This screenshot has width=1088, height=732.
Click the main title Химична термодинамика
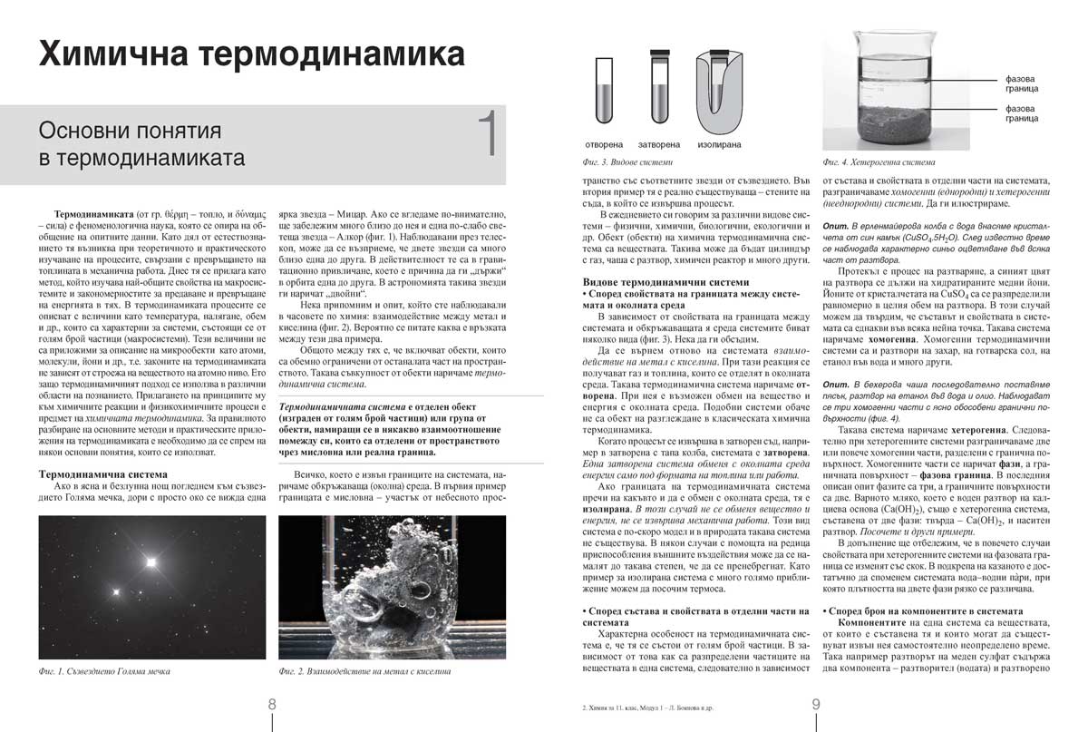pyautogui.click(x=251, y=54)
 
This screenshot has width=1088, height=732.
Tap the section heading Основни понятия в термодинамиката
pyautogui.click(x=142, y=144)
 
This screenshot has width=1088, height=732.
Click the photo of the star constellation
pyautogui.click(x=152, y=586)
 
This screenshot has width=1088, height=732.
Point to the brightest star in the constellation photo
pyautogui.click(x=150, y=561)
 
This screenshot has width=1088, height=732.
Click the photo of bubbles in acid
pyautogui.click(x=393, y=586)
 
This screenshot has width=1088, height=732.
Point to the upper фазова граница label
pyautogui.click(x=1022, y=84)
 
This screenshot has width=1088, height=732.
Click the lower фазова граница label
pyautogui.click(x=1022, y=113)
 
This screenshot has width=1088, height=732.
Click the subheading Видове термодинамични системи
pyautogui.click(x=666, y=282)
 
